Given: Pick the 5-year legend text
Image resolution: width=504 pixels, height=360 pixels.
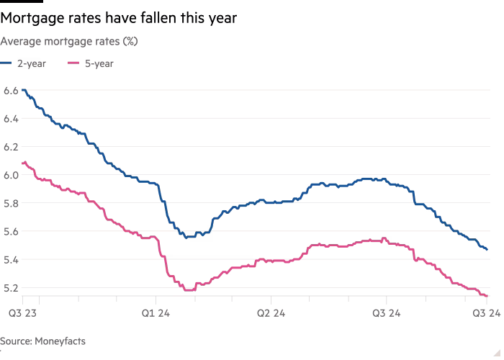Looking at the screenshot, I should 99,63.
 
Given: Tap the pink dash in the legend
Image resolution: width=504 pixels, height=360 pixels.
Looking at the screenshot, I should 73,63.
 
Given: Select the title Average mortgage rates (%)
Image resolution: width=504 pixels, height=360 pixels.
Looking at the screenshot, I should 69,42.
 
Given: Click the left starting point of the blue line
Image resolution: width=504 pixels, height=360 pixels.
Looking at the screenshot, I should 22,89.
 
